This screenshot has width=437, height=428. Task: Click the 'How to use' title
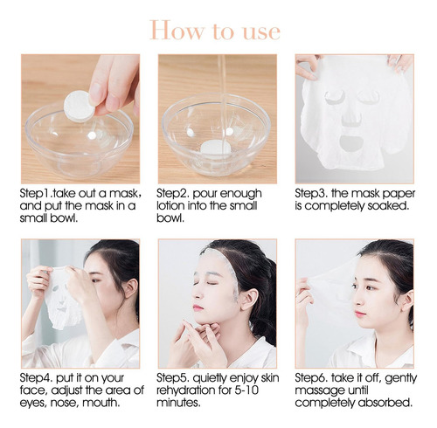[x=215, y=31]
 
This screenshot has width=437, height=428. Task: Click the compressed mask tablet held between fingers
[x=79, y=106]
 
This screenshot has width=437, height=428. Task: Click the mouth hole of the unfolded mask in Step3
[x=351, y=142]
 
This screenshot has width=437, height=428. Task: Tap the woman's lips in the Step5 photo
[x=198, y=307]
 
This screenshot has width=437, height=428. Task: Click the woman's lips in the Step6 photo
[x=360, y=314]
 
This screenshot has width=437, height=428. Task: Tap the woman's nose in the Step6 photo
[x=357, y=300]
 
